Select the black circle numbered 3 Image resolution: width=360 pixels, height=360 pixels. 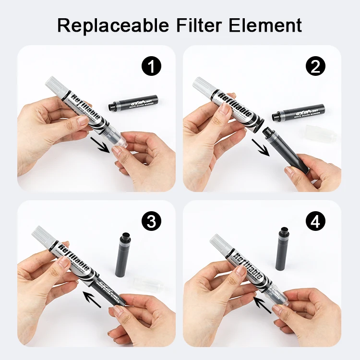coord(151,221)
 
